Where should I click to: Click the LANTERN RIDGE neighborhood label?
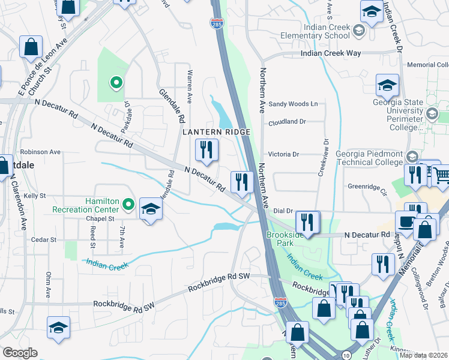click(x=216, y=131)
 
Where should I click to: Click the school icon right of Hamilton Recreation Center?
click(x=151, y=209)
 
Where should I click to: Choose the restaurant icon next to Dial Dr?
click(x=307, y=222)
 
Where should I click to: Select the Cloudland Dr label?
click(x=287, y=121)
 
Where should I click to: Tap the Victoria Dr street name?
click(x=283, y=154)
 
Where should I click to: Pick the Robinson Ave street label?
click(x=40, y=152)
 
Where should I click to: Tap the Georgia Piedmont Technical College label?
click(x=370, y=157)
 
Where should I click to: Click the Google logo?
click(x=20, y=353)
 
